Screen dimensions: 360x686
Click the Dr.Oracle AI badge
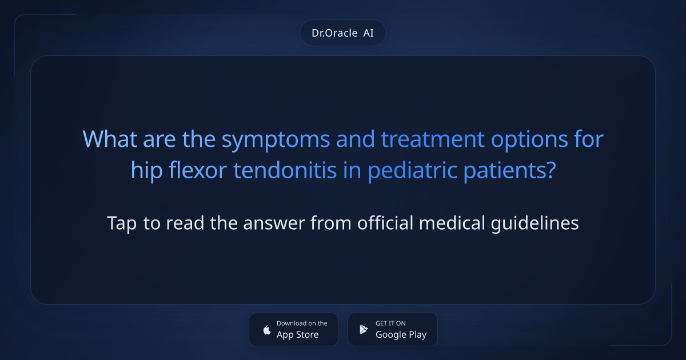[342, 33]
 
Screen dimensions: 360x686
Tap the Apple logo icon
[266, 330]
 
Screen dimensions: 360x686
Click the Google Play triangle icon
[364, 330]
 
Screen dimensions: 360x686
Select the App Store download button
[293, 329]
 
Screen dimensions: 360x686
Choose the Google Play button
[392, 329]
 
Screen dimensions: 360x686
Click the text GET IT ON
[390, 323]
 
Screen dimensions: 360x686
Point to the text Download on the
[302, 323]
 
